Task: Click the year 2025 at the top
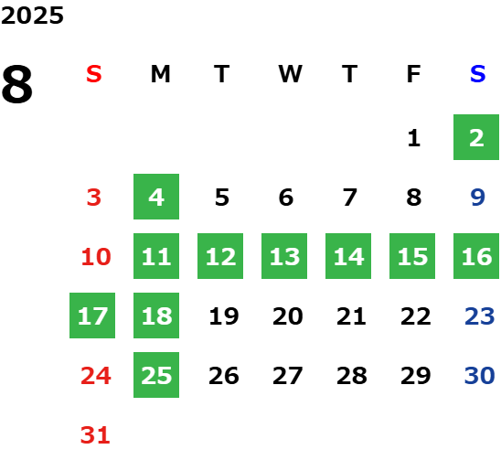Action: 32,16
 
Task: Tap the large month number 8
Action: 17,84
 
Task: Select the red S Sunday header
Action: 94,74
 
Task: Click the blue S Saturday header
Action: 477,74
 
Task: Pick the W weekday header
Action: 290,74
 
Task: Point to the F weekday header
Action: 413,74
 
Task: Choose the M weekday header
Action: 160,74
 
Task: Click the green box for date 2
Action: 476,137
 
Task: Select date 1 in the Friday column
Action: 414,138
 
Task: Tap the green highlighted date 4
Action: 156,197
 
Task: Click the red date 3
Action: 94,198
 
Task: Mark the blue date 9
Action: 477,198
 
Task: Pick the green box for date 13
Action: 284,256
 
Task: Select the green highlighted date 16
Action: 476,256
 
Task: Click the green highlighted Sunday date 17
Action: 92,316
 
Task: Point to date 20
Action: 288,316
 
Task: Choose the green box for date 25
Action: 156,375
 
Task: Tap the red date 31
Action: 95,435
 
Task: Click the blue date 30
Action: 479,376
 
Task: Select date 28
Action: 351,376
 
